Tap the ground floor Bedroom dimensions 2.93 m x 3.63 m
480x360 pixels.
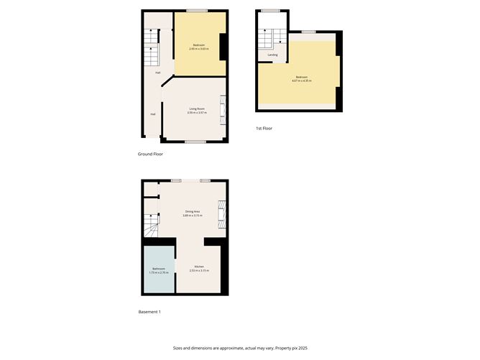[x=199, y=49]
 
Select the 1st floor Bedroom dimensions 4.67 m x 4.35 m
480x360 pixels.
[x=302, y=80]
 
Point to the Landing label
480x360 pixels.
[x=272, y=55]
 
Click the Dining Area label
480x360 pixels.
[x=191, y=211]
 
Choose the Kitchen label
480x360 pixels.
[x=198, y=267]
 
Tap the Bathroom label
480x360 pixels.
[x=158, y=268]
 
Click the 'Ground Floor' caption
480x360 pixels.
[x=151, y=154]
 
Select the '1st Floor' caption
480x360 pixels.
[x=264, y=129]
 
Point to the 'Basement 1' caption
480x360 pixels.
[x=150, y=312]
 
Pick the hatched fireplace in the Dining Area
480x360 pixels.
[x=222, y=213]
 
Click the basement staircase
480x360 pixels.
[x=151, y=229]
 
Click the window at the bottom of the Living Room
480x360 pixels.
[x=195, y=142]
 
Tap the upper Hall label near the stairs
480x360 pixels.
[x=157, y=73]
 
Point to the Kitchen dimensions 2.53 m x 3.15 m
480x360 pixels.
[x=198, y=271]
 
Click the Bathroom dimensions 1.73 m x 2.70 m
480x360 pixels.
[x=158, y=272]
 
